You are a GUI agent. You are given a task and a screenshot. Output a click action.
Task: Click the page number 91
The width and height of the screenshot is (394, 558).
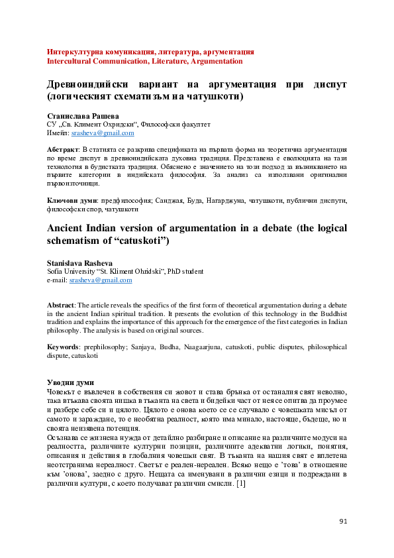click(x=343, y=522)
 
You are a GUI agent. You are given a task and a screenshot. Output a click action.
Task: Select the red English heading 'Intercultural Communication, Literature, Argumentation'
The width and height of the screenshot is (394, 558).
click(x=144, y=61)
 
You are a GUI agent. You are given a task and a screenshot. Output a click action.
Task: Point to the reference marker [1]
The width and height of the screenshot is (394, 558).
click(x=240, y=484)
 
